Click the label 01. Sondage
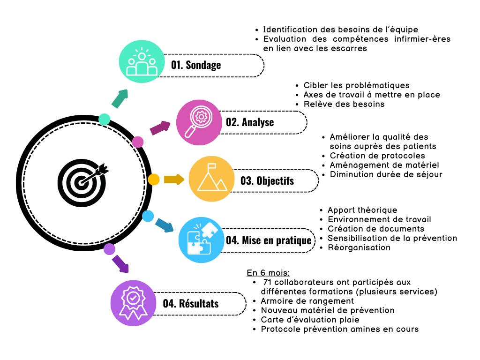(196, 65)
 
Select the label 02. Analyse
(250, 122)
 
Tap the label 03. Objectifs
(267, 180)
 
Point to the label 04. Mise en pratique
(269, 240)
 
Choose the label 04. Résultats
(191, 303)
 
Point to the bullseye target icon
(82, 180)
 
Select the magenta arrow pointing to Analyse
(160, 127)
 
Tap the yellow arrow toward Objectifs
(174, 180)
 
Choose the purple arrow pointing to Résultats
(120, 263)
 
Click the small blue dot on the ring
(148, 216)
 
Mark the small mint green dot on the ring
(104, 119)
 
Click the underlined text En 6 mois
(268, 273)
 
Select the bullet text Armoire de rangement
(307, 301)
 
